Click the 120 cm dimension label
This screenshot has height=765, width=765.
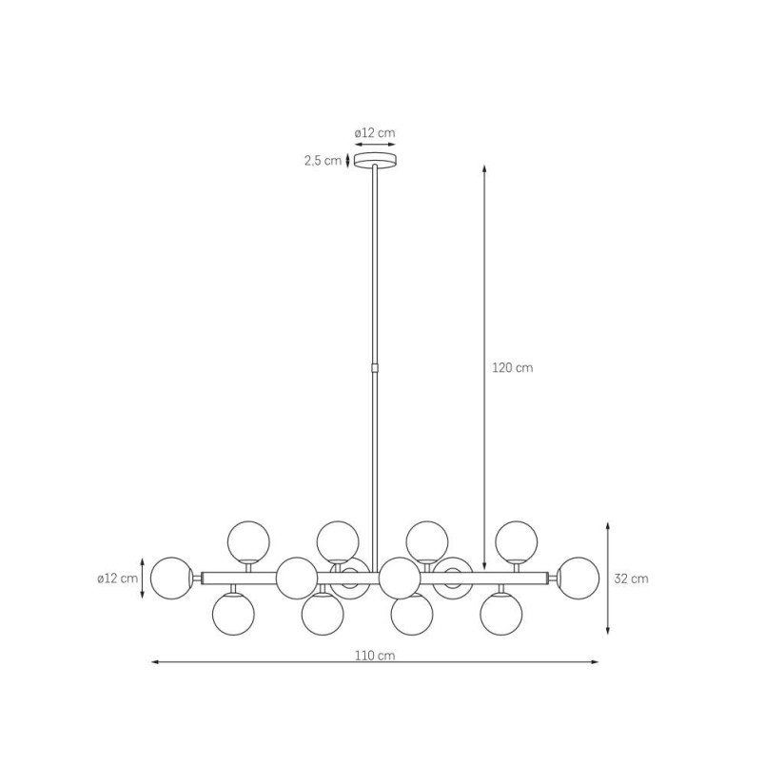512,368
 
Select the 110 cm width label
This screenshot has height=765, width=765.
375,656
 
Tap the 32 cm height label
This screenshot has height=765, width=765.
632,579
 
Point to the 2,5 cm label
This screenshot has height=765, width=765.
323,161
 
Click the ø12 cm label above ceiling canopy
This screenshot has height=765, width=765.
375,132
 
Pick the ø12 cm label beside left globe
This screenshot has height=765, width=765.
118,579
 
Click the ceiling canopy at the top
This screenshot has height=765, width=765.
375,160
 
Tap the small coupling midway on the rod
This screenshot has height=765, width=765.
375,367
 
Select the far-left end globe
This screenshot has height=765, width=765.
171,579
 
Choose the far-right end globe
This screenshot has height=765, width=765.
579,579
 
